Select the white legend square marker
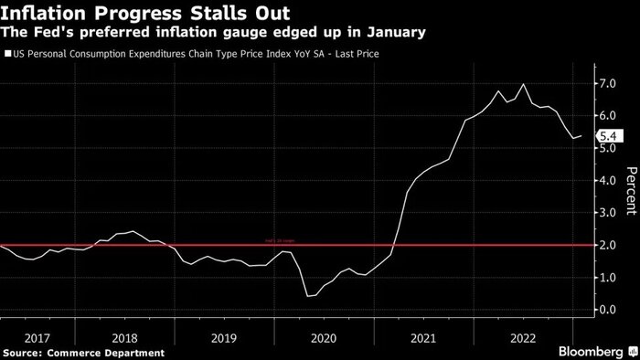pos(7,55)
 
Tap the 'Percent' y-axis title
pos(629,196)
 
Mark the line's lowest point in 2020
pos(308,296)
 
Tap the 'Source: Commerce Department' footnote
pos(84,352)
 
